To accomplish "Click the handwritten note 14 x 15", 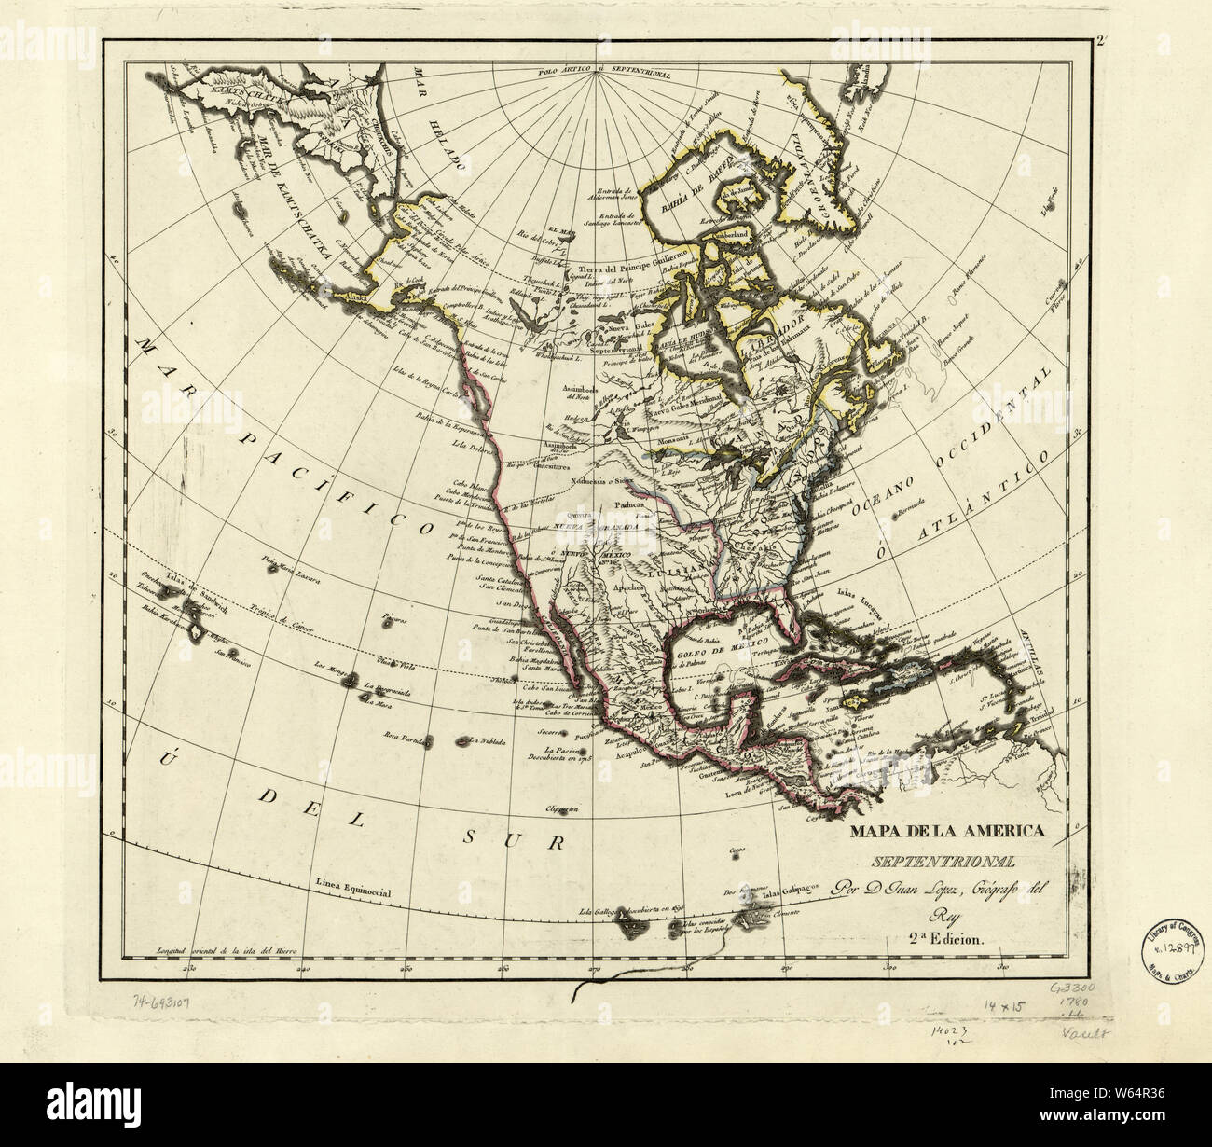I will tap(1009, 1006).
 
